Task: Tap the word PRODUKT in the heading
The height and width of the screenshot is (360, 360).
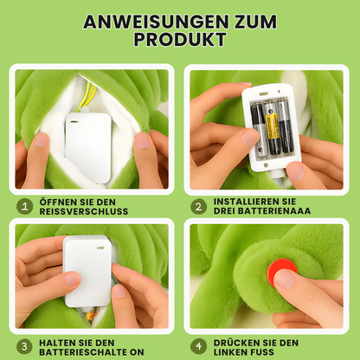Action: point(180,41)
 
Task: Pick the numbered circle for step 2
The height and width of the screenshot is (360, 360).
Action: point(198,206)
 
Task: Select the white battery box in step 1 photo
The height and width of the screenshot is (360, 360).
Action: point(88,147)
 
